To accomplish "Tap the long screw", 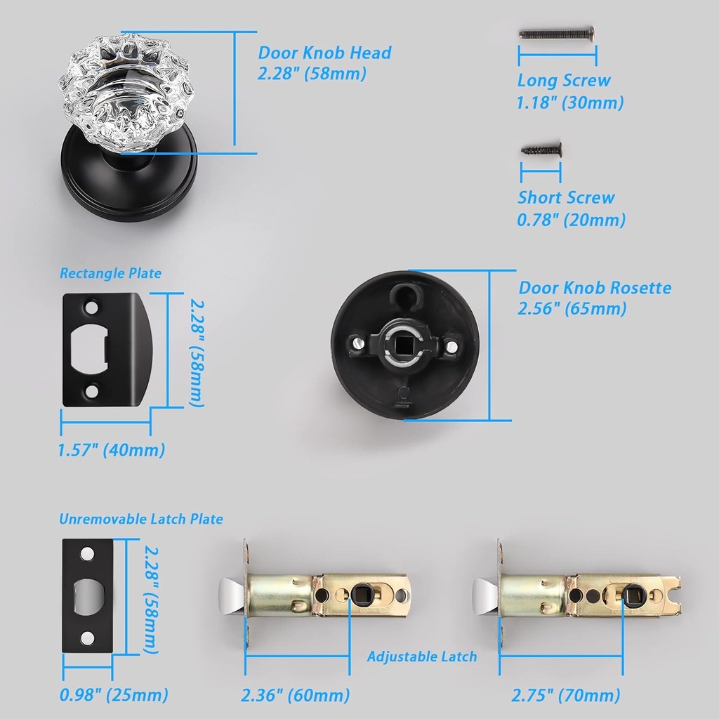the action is pos(557,33).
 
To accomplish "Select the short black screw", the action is pos(541,150).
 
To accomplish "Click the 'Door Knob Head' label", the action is pos(324,53).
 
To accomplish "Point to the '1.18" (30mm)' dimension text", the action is pos(570,103).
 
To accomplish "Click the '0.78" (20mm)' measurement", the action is pos(571,220).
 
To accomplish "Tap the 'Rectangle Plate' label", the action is pos(110,273).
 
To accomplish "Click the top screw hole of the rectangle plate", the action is pos(92,307).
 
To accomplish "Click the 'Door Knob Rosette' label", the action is pos(595,288).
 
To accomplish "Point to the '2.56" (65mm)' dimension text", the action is pos(572,308).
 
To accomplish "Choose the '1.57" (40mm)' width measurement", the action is pos(112,450).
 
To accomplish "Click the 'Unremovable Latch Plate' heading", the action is pos(140,519).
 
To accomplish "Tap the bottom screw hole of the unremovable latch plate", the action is pos(87,638).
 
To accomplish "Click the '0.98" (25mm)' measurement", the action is pos(114,694).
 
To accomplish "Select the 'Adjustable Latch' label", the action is pos(422,657).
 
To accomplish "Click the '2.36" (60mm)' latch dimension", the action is pos(296,695).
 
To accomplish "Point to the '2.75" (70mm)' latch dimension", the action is pos(566,695).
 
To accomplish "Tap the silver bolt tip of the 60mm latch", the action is pos(232,596).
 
